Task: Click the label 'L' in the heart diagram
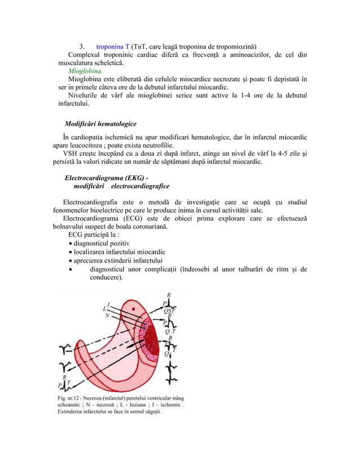(x=104, y=309)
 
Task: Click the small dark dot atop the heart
(x=133, y=309)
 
